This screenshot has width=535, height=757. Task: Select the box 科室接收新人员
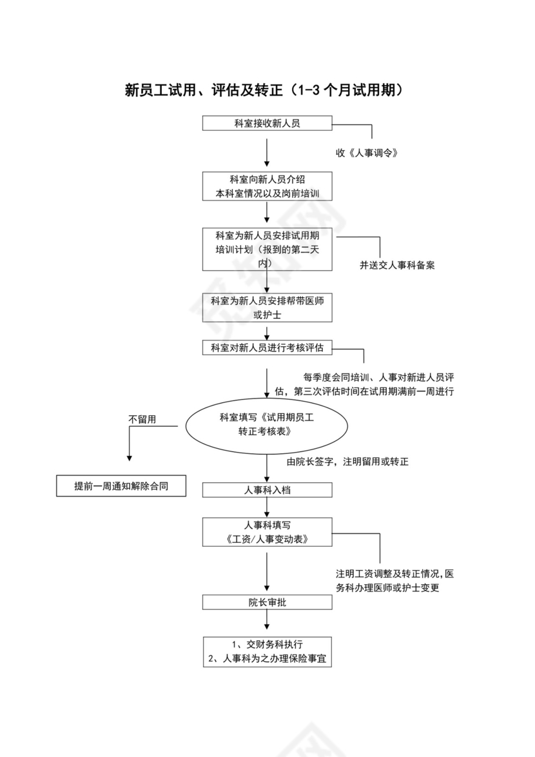click(267, 123)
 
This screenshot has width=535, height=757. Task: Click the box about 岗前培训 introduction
click(267, 186)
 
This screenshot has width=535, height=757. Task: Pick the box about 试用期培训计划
click(267, 249)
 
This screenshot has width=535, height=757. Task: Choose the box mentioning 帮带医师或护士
click(267, 309)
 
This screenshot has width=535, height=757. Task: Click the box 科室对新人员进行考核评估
click(267, 348)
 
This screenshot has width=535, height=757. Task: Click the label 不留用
click(143, 419)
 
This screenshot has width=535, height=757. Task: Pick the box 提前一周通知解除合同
click(121, 486)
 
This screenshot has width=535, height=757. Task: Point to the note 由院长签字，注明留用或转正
click(348, 462)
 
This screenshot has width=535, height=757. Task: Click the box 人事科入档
click(267, 490)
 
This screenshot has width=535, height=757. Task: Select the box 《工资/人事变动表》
click(267, 531)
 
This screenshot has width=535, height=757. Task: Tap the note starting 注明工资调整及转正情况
click(394, 580)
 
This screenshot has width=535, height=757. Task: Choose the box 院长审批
click(267, 602)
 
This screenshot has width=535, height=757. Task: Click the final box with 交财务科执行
click(267, 652)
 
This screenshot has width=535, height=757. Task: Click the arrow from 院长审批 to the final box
click(267, 620)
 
